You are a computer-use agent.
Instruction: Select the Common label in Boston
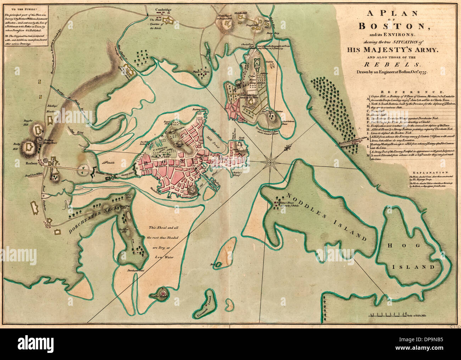coord(160,150)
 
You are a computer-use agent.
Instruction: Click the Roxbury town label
coord(32,164)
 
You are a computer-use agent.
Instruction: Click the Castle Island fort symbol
coord(163,294)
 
